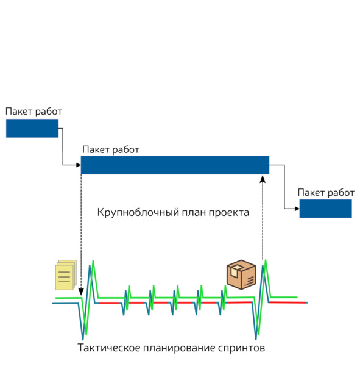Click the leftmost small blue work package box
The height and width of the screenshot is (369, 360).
click(32, 128)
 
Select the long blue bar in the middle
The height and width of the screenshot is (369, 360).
click(175, 165)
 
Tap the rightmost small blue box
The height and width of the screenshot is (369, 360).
click(325, 209)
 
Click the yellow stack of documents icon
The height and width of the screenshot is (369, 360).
click(66, 275)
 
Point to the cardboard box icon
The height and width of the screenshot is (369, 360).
click(241, 274)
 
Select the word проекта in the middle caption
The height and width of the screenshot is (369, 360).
click(229, 213)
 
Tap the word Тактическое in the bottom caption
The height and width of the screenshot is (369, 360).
click(109, 348)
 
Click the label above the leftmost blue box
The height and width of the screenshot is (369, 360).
click(34, 112)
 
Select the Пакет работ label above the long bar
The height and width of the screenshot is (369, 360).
click(111, 149)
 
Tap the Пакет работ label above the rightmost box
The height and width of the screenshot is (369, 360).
click(326, 193)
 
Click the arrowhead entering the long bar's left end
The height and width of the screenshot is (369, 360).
click(79, 165)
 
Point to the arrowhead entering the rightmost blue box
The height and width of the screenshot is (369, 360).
click(297, 209)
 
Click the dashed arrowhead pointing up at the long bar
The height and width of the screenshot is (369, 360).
click(263, 179)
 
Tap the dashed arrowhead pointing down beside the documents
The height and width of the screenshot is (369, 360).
click(81, 292)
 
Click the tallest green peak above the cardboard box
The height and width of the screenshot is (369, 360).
click(266, 260)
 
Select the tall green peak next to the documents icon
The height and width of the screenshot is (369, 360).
click(93, 261)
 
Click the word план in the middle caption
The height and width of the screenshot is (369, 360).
click(194, 213)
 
